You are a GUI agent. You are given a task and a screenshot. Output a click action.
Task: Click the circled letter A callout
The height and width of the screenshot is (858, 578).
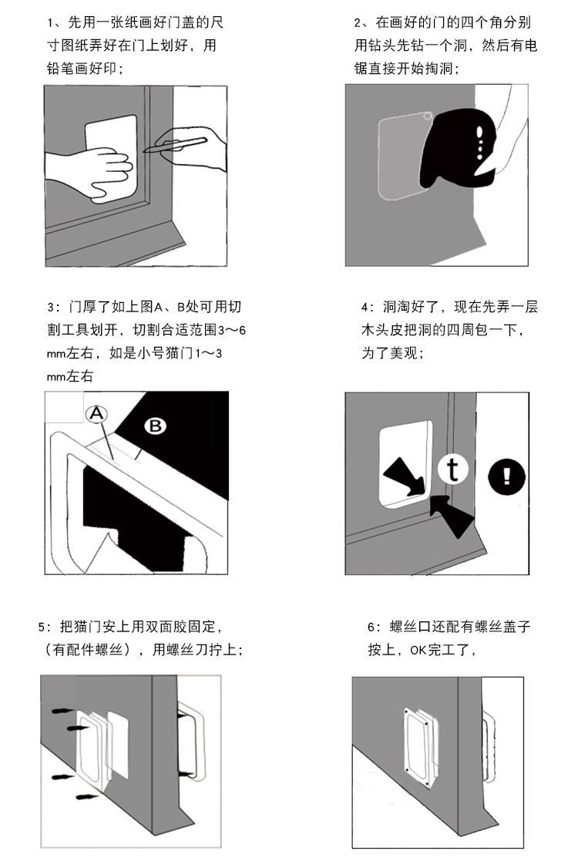click(96, 414)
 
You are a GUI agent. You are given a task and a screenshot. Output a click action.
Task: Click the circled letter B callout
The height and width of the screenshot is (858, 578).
click(155, 426)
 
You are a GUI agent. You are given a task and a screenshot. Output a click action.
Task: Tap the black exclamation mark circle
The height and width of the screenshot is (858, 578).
click(506, 476)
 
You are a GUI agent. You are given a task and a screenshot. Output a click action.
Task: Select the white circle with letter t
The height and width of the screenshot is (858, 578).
click(453, 469)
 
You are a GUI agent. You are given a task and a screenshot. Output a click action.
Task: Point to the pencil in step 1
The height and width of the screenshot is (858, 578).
click(175, 144)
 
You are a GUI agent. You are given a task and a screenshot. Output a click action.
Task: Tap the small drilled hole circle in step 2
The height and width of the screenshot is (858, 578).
click(428, 116)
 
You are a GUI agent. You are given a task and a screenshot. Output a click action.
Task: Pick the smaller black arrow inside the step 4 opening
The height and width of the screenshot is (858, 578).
click(405, 476)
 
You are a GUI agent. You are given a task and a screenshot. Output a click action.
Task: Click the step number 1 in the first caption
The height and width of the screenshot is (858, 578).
click(50, 23)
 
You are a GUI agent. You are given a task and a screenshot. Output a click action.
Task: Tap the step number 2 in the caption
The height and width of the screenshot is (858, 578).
click(358, 23)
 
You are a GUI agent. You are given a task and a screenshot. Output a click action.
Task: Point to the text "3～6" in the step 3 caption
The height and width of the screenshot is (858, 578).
click(232, 331)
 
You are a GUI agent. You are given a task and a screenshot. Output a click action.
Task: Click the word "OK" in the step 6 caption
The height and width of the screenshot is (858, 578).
click(418, 650)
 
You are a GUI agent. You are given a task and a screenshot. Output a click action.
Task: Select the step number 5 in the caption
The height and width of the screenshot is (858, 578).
click(42, 627)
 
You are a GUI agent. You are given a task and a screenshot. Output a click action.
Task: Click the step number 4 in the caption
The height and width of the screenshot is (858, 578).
click(365, 307)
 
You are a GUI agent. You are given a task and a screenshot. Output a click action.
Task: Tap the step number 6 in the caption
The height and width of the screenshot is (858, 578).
click(371, 627)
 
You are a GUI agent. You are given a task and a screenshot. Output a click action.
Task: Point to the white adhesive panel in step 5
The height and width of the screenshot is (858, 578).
click(118, 745)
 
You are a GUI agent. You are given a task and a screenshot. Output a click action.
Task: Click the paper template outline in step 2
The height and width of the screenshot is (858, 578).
click(379, 159)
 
